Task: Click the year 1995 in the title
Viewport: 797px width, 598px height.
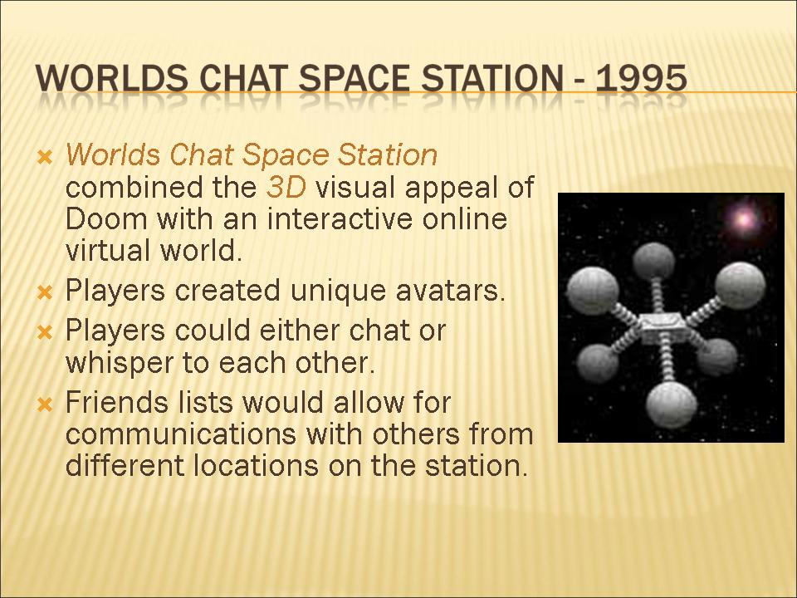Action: (641, 80)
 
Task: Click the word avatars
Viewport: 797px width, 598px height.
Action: (450, 291)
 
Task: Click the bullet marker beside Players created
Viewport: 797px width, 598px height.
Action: (45, 292)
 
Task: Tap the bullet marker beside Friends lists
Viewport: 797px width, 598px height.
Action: (45, 404)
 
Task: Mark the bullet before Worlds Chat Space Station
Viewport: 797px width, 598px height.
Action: (45, 157)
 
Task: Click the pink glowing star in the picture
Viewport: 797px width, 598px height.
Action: (744, 219)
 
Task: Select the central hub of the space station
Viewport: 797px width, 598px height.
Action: (661, 327)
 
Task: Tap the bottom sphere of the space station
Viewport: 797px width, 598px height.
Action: (672, 405)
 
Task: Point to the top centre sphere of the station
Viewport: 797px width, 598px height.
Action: (654, 261)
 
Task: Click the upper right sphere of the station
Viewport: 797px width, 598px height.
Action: (740, 286)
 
